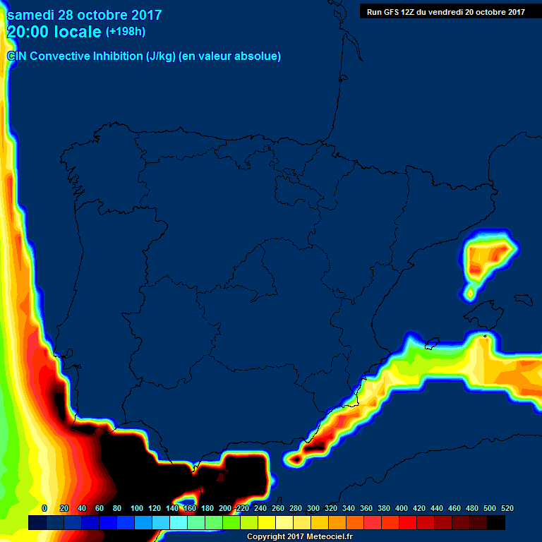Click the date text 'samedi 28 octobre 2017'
tap(85, 15)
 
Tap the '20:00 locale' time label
tap(54, 32)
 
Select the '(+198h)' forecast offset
tap(126, 32)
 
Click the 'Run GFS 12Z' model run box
tap(445, 11)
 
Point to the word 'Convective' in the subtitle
tap(60, 56)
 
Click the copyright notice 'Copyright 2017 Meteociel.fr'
tap(300, 537)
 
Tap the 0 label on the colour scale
tap(44, 508)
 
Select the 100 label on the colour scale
tap(137, 508)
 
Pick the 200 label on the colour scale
tap(225, 508)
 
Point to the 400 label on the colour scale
tap(402, 508)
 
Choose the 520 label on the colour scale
tap(507, 508)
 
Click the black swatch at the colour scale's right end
tap(496, 522)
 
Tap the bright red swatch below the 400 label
tap(408, 522)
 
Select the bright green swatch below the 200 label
tap(231, 522)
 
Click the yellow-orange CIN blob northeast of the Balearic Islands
tap(487, 258)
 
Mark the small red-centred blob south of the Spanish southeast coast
tap(296, 459)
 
